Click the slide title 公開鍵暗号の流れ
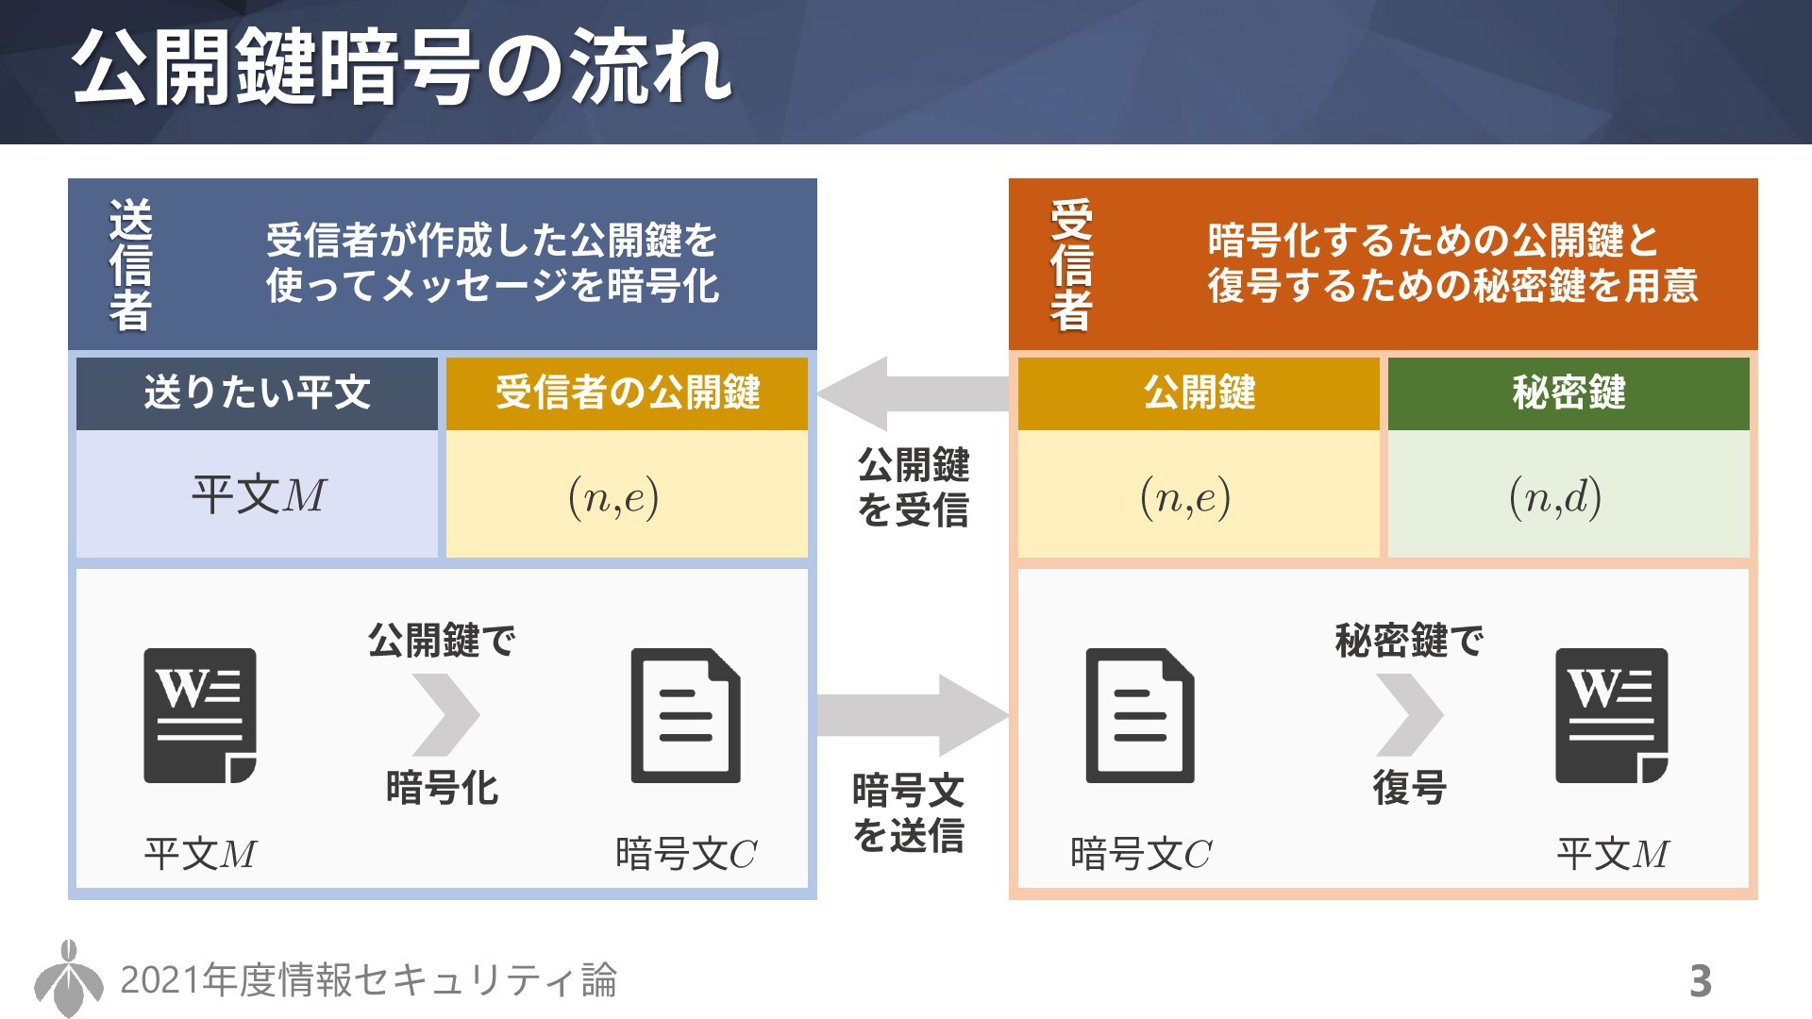tap(401, 68)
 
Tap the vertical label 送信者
tap(130, 265)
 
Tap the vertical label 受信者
tap(1071, 265)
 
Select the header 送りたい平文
tap(257, 393)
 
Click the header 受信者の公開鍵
tap(628, 393)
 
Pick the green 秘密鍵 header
tap(1569, 393)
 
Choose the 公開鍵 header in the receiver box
tap(1199, 393)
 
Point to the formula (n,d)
tap(1555, 497)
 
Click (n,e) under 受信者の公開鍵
tap(613, 497)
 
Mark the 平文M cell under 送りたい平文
tap(258, 494)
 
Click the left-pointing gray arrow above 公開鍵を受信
tap(914, 393)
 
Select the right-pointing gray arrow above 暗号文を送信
tap(914, 715)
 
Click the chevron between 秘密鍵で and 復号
tap(1410, 715)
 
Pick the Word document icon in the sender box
tap(200, 715)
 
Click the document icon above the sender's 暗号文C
tap(686, 715)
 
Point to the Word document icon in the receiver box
tap(1612, 715)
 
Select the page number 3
tap(1700, 981)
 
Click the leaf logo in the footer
tap(69, 978)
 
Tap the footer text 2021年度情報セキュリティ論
tap(368, 980)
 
